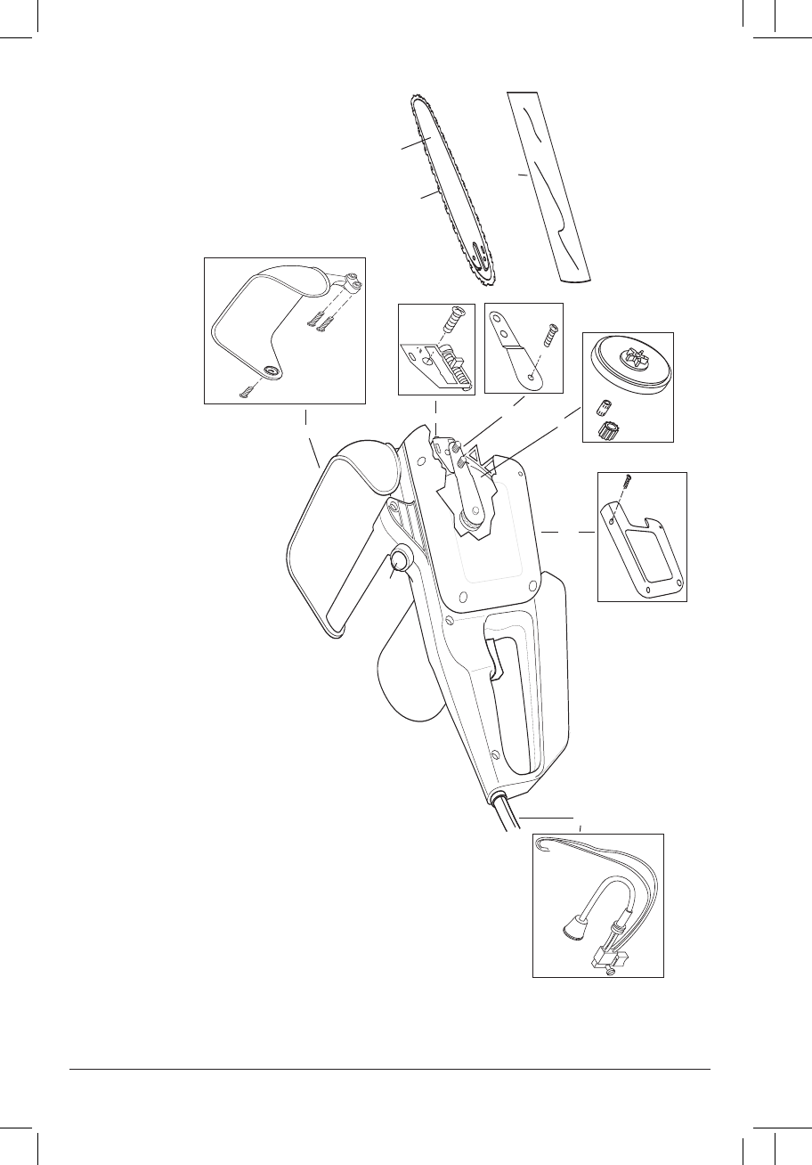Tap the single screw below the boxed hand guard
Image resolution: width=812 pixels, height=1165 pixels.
pos(246,389)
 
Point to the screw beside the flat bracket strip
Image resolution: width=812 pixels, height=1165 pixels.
pos(552,337)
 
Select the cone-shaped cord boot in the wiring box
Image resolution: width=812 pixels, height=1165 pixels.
pos(570,928)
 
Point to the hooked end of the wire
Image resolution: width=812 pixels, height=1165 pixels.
pos(540,849)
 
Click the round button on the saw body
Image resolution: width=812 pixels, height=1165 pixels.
pos(400,560)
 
